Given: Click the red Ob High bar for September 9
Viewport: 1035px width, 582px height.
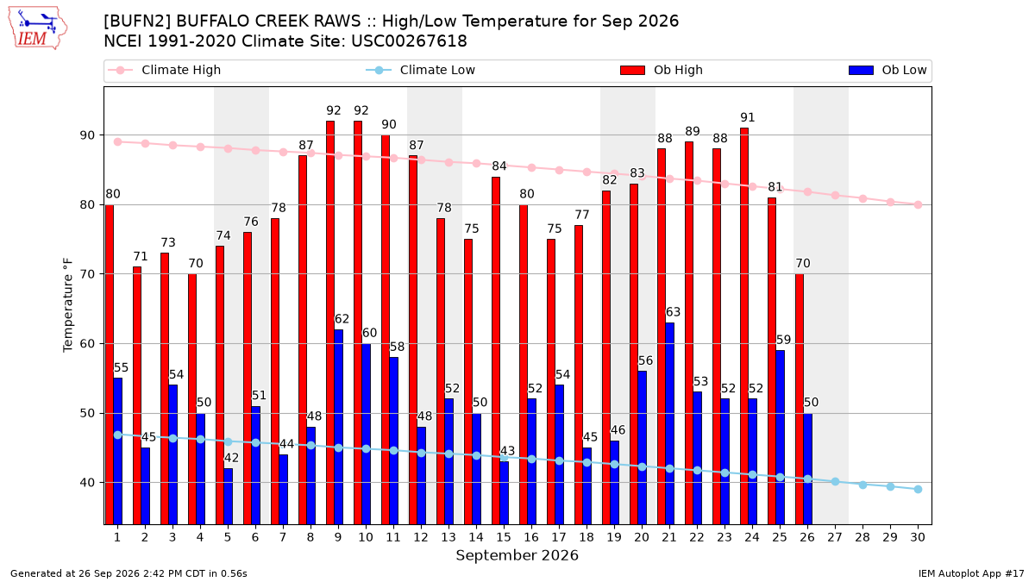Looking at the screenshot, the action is tap(330, 322).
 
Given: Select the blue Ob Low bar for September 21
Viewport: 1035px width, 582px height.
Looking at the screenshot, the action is tap(669, 423).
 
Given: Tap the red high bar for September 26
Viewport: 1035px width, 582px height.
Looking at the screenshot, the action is tap(800, 399).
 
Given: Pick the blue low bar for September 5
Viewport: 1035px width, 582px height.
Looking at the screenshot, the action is tap(229, 497).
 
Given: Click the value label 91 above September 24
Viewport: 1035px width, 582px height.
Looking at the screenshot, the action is tap(747, 117).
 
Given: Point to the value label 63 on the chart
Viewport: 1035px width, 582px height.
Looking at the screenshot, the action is tap(673, 312).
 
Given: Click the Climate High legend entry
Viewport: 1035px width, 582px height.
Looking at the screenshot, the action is tap(164, 70).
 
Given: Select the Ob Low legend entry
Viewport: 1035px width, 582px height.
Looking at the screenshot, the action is tap(888, 70).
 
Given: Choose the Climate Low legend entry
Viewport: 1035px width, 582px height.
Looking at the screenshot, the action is tap(421, 70).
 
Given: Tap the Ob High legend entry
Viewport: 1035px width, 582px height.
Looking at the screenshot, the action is tap(662, 70).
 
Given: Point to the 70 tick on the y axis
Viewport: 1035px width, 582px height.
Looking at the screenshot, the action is tap(87, 274).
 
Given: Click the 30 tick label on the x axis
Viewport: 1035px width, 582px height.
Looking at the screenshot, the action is tap(918, 537).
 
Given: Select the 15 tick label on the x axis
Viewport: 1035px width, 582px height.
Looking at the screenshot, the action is tap(504, 537).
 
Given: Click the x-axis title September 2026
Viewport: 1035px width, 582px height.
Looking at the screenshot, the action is tap(517, 555).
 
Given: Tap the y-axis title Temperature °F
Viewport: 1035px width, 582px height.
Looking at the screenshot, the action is tap(68, 305).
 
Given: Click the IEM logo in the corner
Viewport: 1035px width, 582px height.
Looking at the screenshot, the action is tap(38, 28).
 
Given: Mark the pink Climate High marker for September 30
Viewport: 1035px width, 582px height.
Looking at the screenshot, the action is tap(918, 204).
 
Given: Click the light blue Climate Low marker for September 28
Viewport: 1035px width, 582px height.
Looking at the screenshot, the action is tap(862, 485).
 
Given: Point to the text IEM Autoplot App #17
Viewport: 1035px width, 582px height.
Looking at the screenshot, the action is tap(971, 573).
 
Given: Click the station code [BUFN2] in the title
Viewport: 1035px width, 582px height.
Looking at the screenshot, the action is tap(137, 22).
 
